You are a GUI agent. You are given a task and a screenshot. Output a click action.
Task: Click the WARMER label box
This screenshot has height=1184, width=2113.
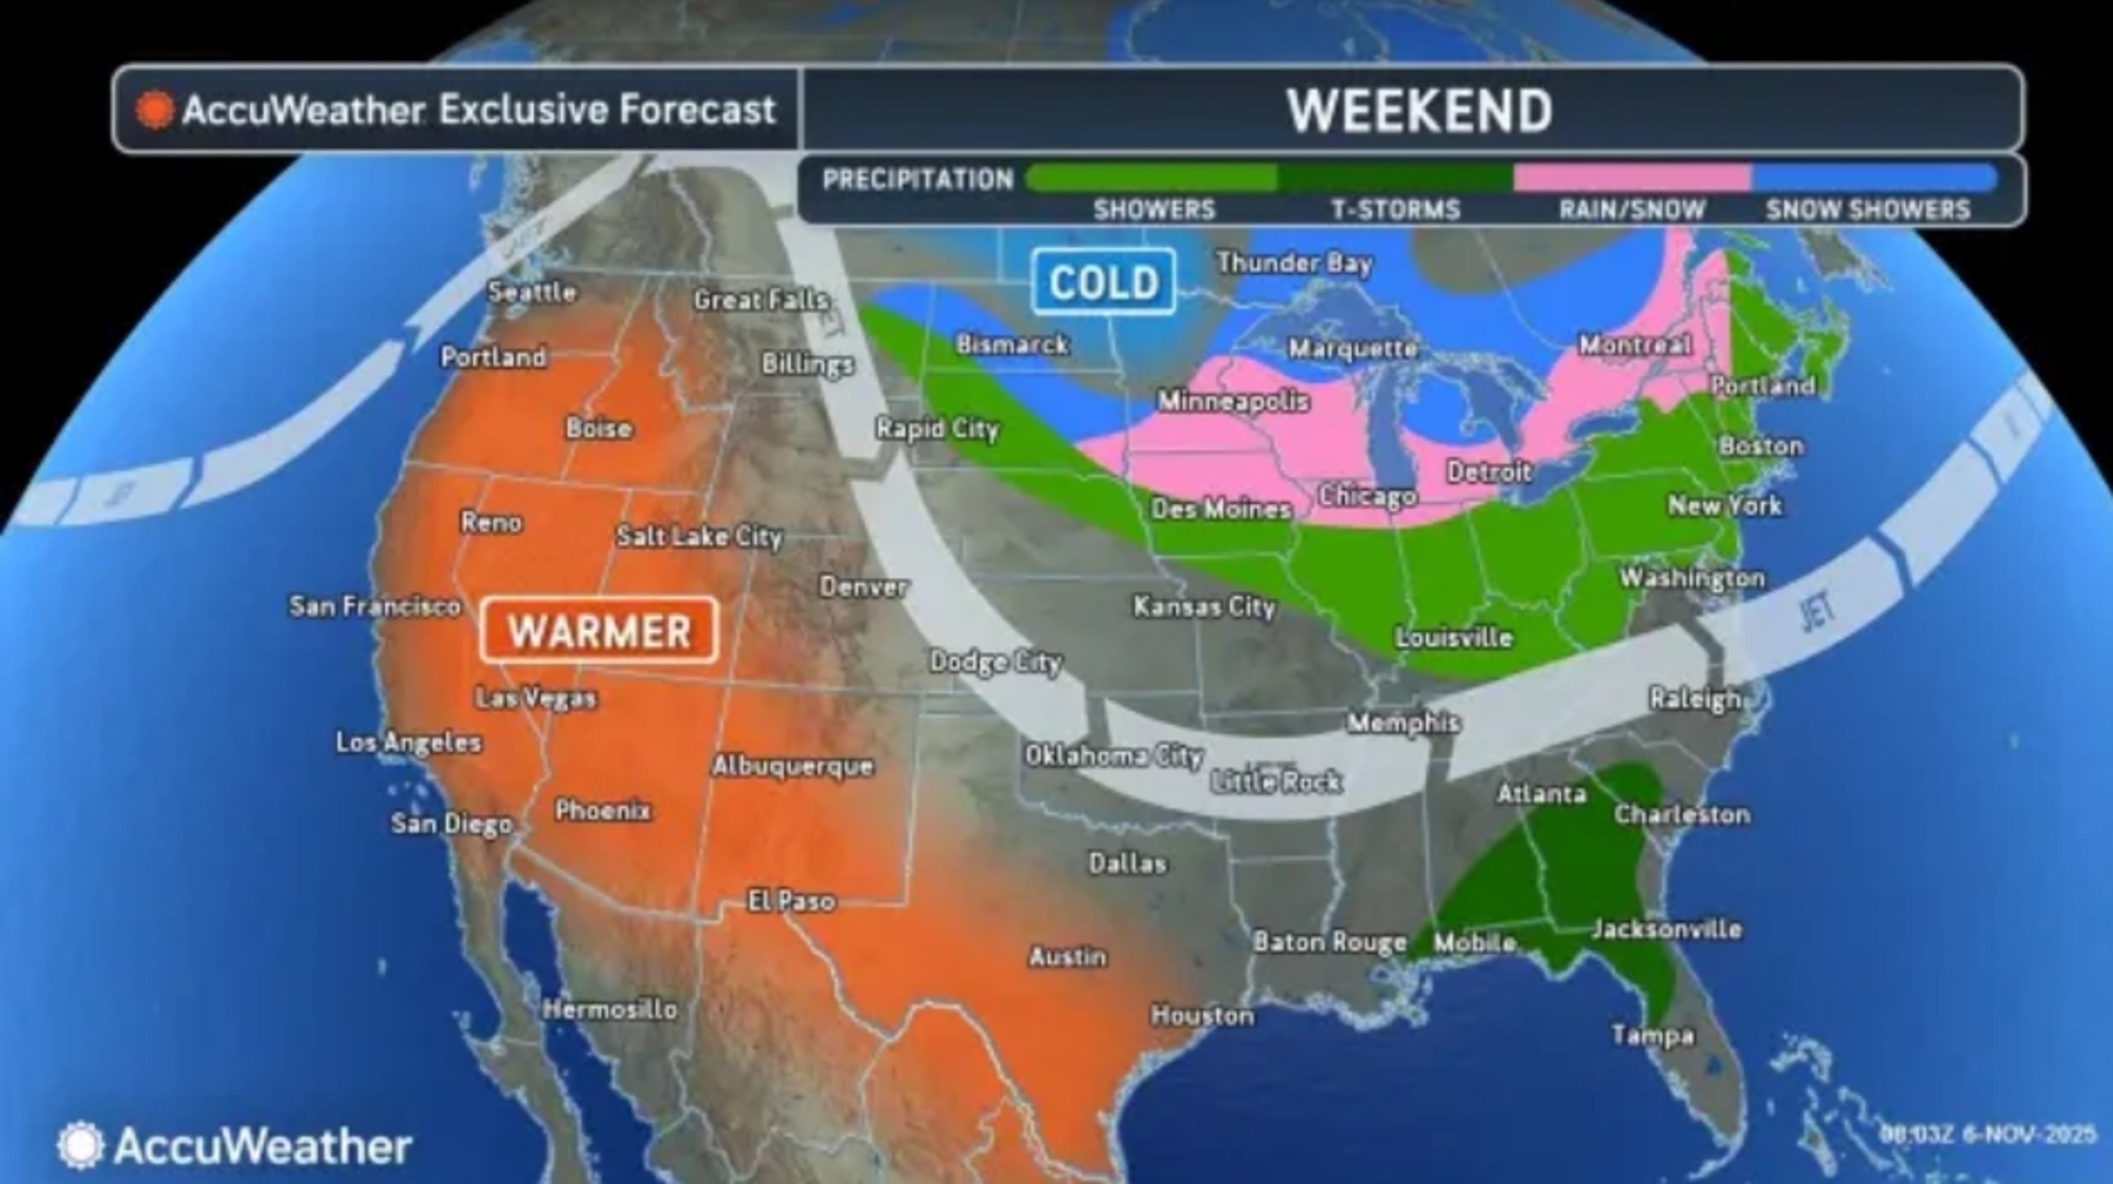(599, 630)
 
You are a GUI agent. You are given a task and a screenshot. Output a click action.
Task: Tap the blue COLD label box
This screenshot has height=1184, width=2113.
(1104, 282)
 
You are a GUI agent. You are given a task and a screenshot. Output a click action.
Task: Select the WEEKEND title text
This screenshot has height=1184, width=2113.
(1419, 111)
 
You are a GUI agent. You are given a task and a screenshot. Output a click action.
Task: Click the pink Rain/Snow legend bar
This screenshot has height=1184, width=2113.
(1633, 177)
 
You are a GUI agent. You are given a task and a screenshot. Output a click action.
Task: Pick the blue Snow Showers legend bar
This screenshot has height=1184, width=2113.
(1874, 177)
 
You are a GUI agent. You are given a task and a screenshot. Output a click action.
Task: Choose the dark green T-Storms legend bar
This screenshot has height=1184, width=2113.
(1394, 177)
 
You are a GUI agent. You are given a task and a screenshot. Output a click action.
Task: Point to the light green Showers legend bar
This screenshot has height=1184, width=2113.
(1153, 177)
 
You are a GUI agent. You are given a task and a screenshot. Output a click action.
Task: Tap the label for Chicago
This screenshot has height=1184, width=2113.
(1367, 496)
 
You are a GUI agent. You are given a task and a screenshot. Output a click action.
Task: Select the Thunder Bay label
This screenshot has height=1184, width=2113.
(1294, 263)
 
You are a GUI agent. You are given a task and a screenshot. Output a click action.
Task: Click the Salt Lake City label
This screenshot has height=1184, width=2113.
(699, 536)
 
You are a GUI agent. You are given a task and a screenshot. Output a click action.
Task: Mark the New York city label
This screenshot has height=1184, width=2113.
(1725, 505)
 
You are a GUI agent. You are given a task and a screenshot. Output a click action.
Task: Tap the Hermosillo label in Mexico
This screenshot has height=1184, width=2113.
(610, 1009)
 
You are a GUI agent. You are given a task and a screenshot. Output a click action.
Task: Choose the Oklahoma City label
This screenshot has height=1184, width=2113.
(1113, 755)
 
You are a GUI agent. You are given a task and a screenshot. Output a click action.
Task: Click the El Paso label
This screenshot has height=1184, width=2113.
(791, 901)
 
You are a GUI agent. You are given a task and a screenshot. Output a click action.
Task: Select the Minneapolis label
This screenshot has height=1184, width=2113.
(1233, 401)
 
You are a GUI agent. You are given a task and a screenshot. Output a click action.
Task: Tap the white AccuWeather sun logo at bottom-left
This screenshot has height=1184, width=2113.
(81, 1145)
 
